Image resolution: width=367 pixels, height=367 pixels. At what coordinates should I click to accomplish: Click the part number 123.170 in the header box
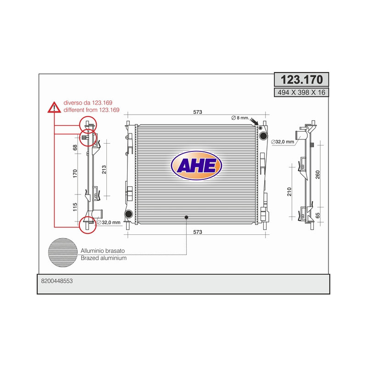301,79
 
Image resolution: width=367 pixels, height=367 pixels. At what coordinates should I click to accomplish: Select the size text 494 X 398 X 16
301,93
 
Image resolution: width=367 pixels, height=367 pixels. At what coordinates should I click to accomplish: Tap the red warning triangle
54,107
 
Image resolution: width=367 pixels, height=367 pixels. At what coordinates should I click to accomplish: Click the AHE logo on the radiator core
196,166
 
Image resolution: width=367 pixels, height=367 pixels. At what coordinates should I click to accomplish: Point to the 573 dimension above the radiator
198,112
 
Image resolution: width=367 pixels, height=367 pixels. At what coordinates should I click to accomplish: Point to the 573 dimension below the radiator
198,232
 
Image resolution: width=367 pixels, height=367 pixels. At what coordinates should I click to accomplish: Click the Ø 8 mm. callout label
240,118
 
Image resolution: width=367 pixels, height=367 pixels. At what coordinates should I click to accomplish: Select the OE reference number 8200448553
57,281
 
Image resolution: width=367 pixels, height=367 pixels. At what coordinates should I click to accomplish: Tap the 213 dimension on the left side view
104,169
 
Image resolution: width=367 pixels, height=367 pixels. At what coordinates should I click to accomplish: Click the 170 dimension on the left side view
75,173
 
